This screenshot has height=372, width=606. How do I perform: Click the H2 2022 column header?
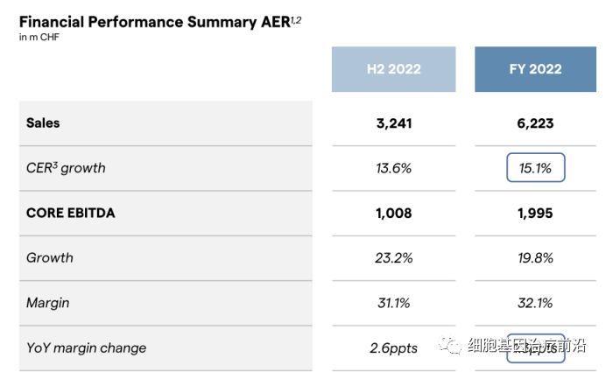tap(393, 69)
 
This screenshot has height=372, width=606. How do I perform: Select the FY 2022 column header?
tap(535, 69)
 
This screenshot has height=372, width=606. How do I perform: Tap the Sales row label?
tap(43, 123)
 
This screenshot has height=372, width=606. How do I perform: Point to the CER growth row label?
tap(66, 168)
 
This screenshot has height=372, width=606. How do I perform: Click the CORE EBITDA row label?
tap(71, 213)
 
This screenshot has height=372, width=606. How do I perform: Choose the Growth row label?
tap(50, 258)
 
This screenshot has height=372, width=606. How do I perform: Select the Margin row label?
tap(48, 303)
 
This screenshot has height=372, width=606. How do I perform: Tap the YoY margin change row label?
tap(86, 348)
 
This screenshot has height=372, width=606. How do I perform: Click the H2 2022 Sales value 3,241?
tap(393, 123)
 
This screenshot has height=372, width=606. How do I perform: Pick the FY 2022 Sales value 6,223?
tap(535, 123)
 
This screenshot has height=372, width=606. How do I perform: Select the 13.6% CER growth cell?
tap(393, 168)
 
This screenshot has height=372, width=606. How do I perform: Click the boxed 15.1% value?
tap(535, 168)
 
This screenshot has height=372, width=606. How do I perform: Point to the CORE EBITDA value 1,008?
tap(393, 213)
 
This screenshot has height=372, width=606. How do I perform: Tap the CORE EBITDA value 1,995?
tap(535, 213)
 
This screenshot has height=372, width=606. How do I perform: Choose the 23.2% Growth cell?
tap(393, 258)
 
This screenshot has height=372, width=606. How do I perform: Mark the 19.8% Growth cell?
tap(535, 258)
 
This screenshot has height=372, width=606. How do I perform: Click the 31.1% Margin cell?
tap(393, 303)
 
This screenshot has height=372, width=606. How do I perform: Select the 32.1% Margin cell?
tap(535, 303)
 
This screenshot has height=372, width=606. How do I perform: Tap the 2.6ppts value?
tap(393, 348)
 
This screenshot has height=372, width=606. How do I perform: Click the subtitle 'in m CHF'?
tap(39, 38)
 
